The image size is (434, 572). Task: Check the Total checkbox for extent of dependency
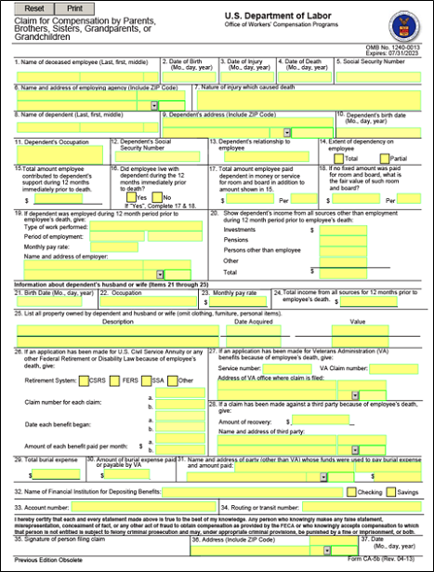(x=325, y=158)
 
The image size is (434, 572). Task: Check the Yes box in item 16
(x=131, y=197)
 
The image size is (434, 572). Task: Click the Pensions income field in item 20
(x=343, y=239)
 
